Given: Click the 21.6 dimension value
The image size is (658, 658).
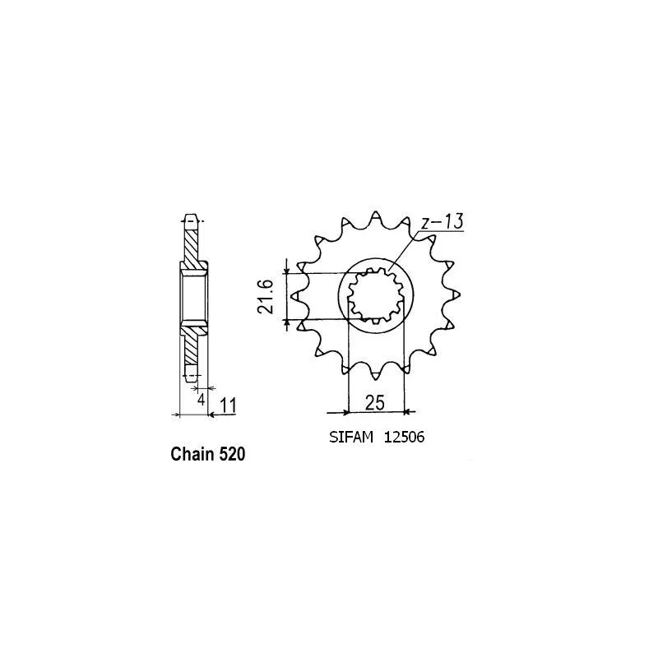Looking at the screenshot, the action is pos(266,297).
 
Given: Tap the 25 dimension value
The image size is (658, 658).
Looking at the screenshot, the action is pos(375,403).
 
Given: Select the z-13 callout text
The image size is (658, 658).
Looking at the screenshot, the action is pos(442,221).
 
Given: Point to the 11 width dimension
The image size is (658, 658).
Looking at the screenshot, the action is pos(229,405).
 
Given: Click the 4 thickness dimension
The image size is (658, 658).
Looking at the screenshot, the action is pos(202,400).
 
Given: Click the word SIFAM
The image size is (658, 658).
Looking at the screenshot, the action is pos(351,438).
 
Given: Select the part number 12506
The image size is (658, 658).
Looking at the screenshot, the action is pos(404,438).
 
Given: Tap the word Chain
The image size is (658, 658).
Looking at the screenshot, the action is pos(192,454).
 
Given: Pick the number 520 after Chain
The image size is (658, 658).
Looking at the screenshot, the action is pos(231,454).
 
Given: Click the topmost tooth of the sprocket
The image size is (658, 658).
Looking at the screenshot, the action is pos(376,217).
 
